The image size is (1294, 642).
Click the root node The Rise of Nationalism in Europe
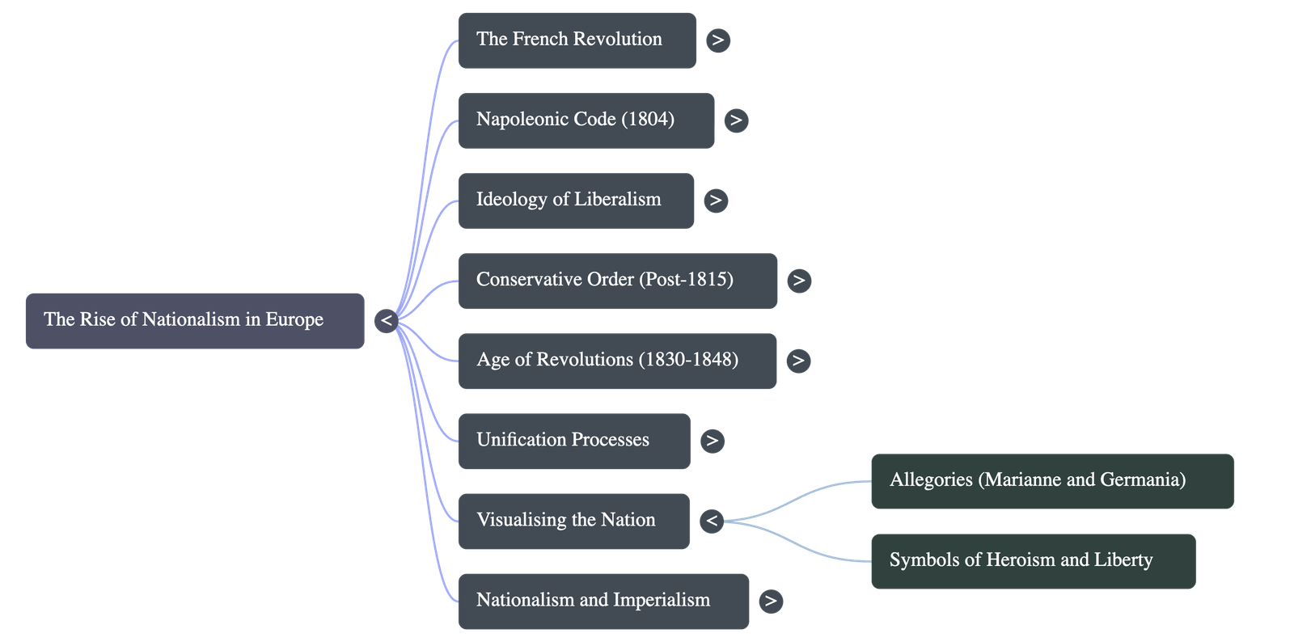pos(194,321)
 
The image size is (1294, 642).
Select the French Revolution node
pos(577,40)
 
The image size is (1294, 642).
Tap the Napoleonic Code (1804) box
pos(586,120)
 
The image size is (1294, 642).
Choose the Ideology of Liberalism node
pos(576,201)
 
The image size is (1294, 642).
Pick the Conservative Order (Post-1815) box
pos(617,281)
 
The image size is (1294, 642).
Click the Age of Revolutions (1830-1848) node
pos(617,361)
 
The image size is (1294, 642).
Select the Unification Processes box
pos(573,441)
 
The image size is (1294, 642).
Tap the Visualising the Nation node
pos(573,521)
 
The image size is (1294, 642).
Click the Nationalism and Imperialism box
pos(603,601)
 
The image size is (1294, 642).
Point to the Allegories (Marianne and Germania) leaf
pos(1051,481)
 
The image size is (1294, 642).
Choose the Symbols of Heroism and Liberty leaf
pos(1033,561)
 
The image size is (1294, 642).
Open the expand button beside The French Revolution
pos(717,40)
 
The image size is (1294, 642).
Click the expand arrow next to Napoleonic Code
pos(735,120)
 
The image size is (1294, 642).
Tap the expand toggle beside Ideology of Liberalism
pos(715,201)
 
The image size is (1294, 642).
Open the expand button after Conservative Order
pos(799,281)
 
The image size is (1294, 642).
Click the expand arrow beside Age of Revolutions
pos(798,361)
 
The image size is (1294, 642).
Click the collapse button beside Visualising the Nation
pos(712,521)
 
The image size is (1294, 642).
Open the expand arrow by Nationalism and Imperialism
pos(771,601)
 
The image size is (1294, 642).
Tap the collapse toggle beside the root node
pos(387,321)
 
